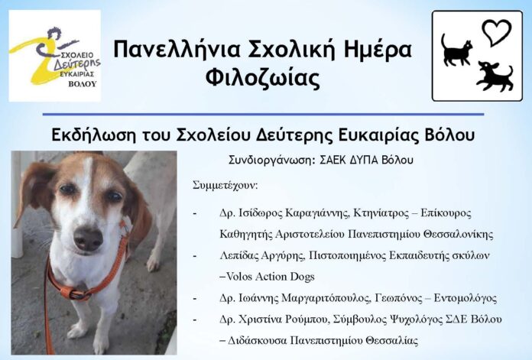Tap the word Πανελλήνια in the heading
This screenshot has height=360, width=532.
177,49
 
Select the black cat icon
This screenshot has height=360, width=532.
456,50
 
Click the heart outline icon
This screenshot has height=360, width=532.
497,33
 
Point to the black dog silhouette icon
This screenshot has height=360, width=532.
495,76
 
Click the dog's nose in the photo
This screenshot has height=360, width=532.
88,238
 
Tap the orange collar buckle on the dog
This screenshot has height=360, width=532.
76,293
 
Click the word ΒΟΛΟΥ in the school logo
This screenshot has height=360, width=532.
83,84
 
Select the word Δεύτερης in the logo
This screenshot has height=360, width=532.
77,63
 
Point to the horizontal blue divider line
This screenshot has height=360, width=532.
263,115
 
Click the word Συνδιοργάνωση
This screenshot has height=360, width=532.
272,161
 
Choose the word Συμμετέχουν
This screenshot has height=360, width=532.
225,186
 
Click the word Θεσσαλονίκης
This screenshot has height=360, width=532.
459,235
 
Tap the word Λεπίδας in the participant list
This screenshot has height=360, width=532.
239,255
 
